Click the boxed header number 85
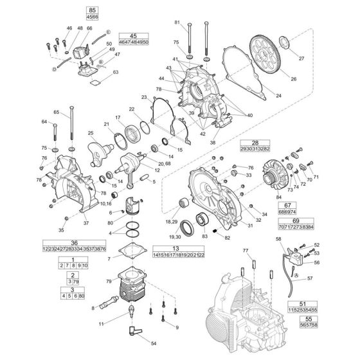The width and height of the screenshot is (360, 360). (x=92, y=11)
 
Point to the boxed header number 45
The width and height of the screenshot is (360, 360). (x=133, y=36)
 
